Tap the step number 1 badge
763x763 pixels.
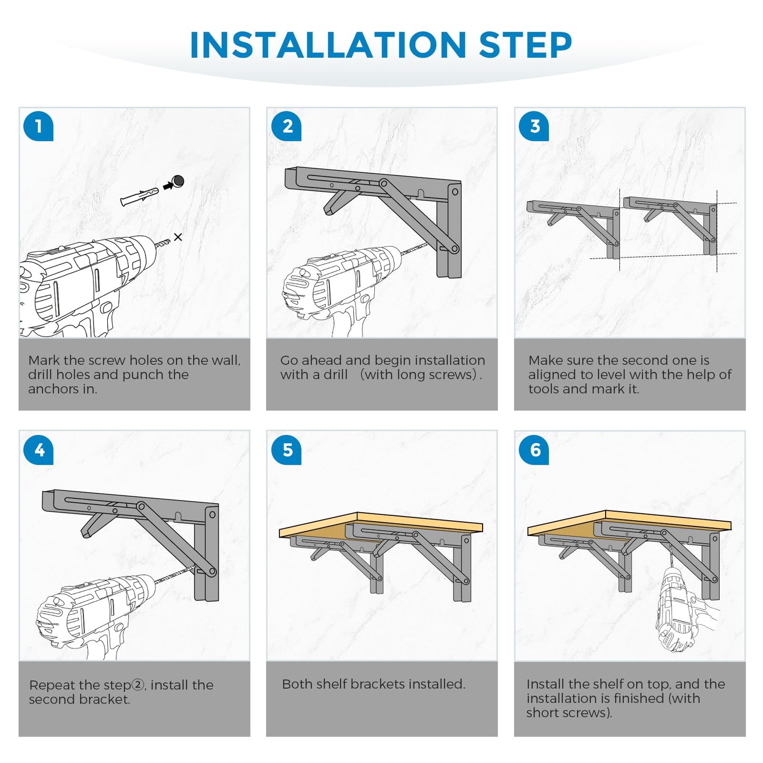tap(39, 127)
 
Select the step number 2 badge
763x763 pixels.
tap(286, 127)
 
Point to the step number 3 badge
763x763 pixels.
tap(534, 127)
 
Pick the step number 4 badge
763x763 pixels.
tap(39, 450)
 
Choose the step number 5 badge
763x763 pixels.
tap(286, 450)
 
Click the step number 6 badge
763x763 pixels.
tap(534, 450)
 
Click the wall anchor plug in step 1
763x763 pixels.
tap(139, 196)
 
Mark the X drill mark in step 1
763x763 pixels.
tap(178, 237)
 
